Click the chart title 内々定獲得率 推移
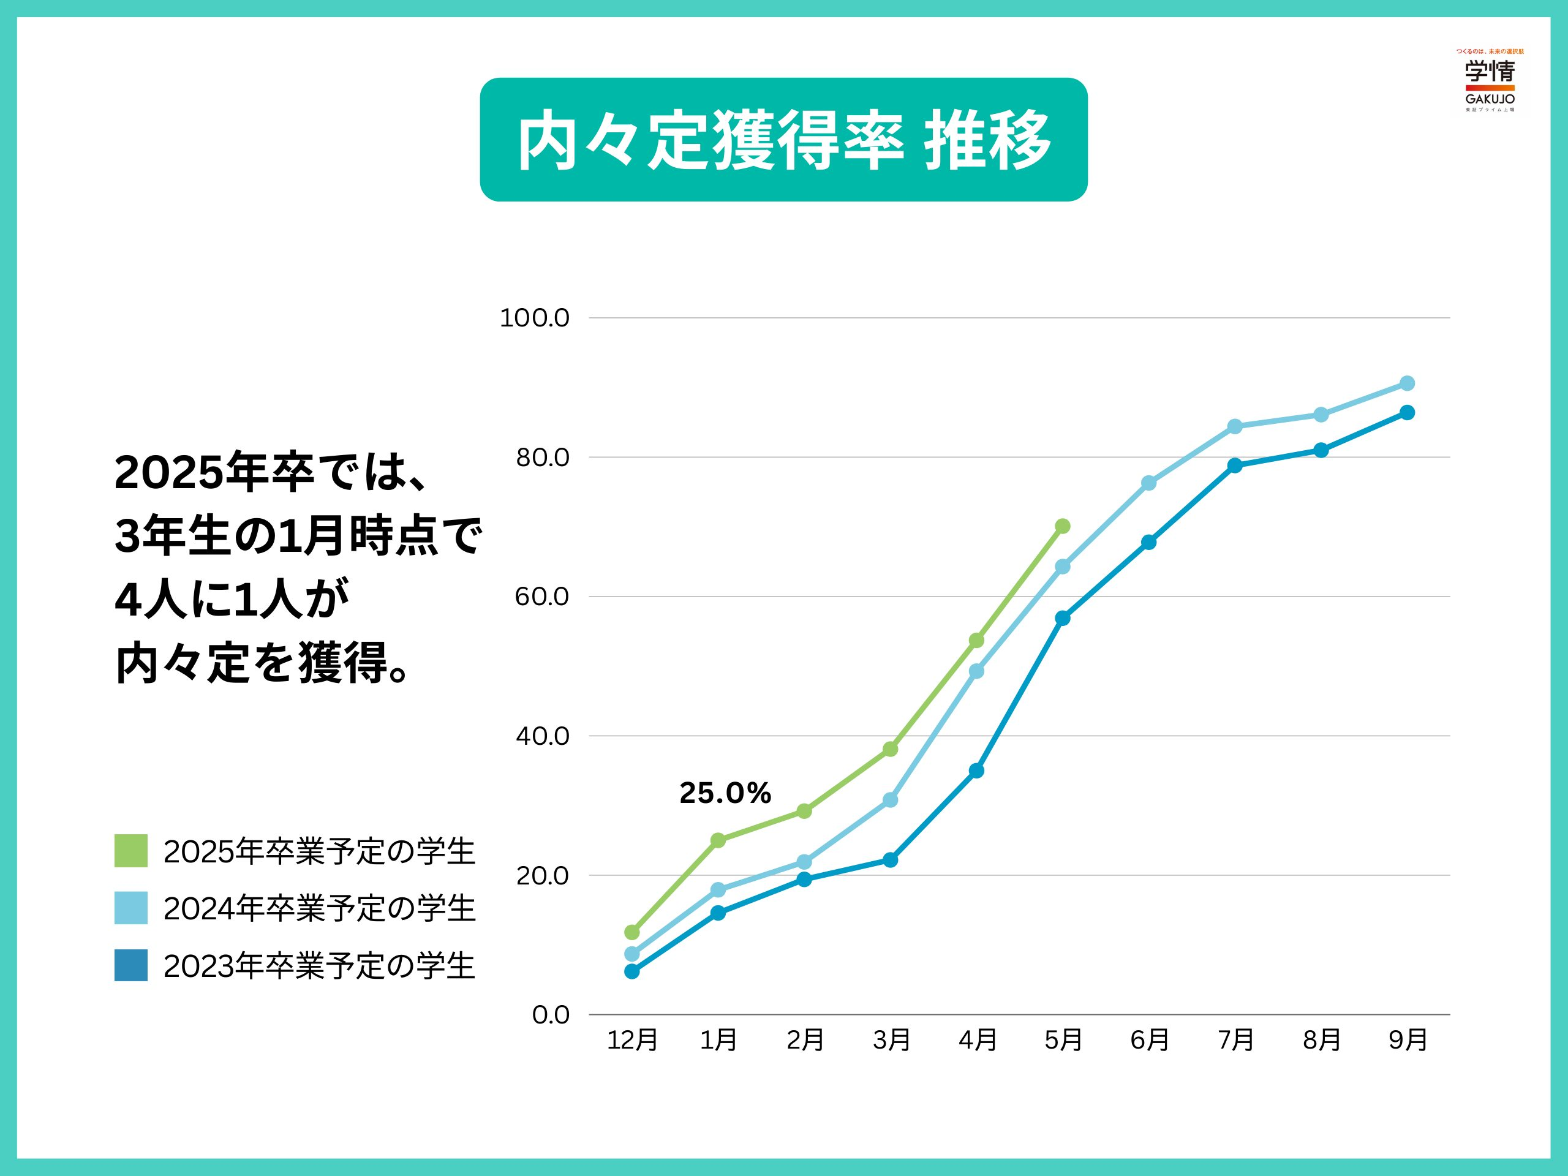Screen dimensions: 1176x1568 (783, 140)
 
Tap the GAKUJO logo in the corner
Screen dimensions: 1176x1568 (1490, 81)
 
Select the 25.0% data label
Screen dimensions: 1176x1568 (725, 793)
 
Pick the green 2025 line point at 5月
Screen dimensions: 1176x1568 (1063, 526)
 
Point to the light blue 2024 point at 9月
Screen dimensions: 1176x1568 (1407, 383)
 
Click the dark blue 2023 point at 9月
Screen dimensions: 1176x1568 (1407, 413)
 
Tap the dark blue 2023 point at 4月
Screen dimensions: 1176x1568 (976, 771)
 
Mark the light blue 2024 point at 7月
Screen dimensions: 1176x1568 (1235, 427)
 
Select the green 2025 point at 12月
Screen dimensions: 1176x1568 (631, 932)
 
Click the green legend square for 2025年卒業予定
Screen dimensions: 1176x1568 (131, 851)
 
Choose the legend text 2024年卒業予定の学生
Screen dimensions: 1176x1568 (319, 909)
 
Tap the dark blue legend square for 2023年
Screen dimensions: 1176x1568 (131, 965)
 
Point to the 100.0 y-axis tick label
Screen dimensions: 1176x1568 (535, 318)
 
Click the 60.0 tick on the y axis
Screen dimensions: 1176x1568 (541, 597)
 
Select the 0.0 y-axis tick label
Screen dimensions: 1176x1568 (550, 1015)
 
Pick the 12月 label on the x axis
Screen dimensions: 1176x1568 (632, 1041)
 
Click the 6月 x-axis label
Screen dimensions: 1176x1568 (1149, 1041)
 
